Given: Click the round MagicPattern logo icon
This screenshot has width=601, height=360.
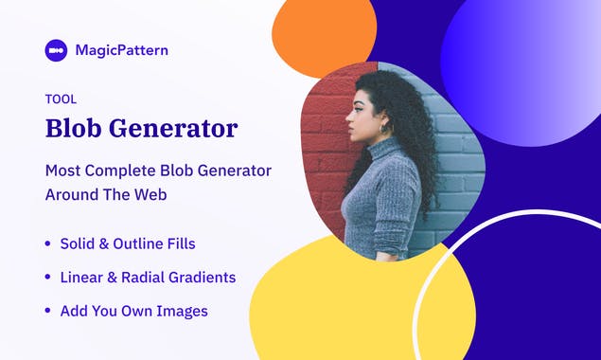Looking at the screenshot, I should [x=56, y=50].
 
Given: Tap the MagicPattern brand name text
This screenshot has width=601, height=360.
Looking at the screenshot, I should [x=121, y=50].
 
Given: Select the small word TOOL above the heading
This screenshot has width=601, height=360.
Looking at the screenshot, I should [x=61, y=99].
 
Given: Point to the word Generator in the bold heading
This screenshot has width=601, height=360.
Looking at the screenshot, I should [x=181, y=128].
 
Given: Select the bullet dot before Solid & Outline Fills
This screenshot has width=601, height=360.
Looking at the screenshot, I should [x=48, y=244].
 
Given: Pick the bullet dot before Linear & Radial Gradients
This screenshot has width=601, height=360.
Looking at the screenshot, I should [x=48, y=278].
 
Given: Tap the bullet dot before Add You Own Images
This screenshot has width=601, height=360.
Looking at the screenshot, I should [x=48, y=311].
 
